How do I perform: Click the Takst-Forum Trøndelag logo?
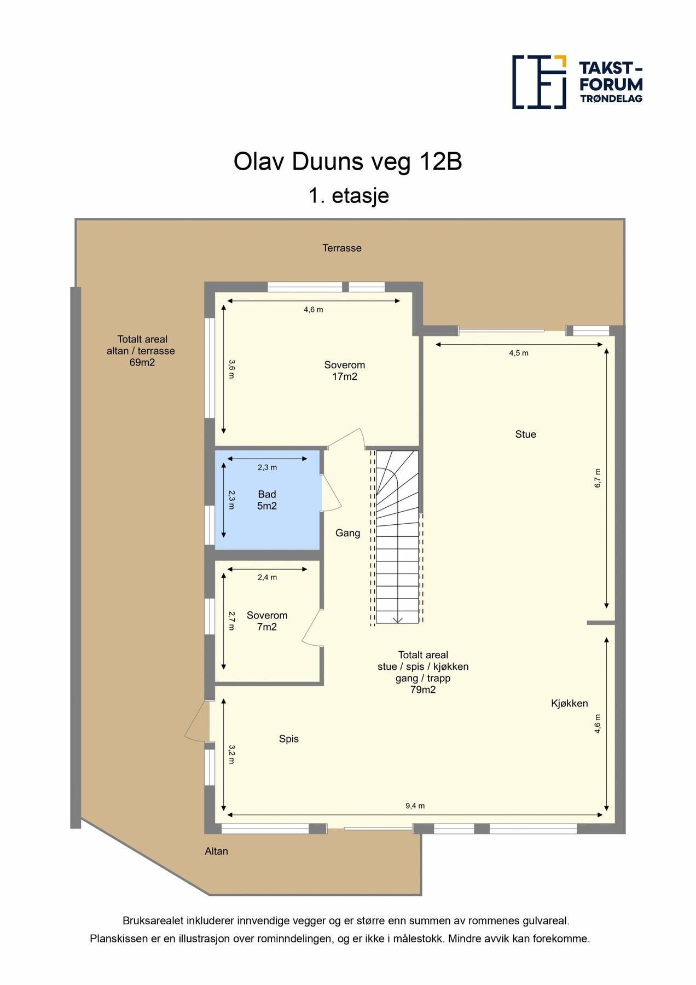pos(577,82)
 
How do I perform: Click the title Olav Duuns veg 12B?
pos(348,162)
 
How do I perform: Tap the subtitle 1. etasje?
pos(349,195)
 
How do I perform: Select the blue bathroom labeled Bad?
pos(267,500)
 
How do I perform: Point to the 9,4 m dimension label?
pos(415,806)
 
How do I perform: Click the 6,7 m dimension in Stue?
pos(598,478)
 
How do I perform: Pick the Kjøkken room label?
pos(570,704)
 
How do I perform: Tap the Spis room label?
pos(289,739)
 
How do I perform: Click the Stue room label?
pos(526,434)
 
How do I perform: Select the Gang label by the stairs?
pos(348,533)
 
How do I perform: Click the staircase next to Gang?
pos(397,536)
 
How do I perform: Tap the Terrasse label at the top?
pos(342,248)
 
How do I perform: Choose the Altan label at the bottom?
pos(216,851)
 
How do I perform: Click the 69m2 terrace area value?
pos(142,362)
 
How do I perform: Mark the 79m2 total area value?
pos(423,690)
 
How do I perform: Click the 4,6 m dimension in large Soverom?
pos(314,310)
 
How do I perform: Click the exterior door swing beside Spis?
pos(197,721)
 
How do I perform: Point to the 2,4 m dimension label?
pos(268,577)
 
